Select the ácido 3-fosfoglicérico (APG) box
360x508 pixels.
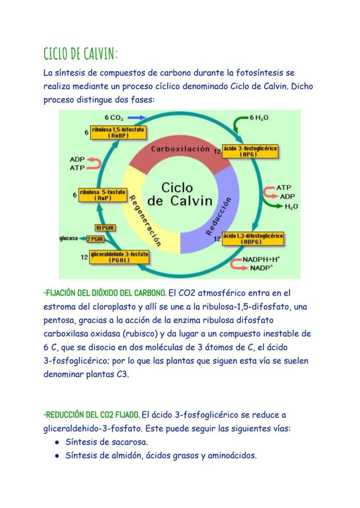(x=249, y=151)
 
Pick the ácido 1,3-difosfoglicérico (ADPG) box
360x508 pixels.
(x=252, y=239)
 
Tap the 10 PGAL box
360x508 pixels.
(x=101, y=228)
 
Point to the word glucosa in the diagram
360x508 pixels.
(x=69, y=239)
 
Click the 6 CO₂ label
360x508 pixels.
(x=114, y=117)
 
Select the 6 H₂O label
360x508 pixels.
(x=259, y=118)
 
